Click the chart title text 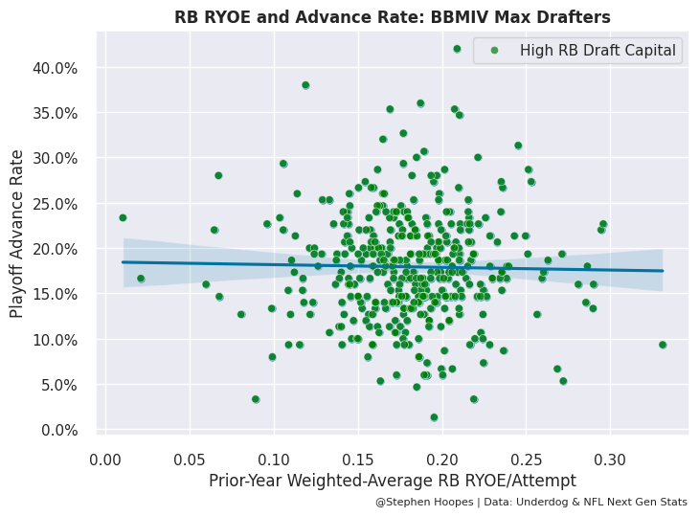tap(392, 17)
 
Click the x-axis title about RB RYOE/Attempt tap(393, 481)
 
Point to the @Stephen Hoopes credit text tap(530, 502)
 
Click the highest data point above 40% tap(457, 49)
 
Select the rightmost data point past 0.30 tap(663, 345)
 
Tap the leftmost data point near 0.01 tap(123, 217)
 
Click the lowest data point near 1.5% tap(434, 417)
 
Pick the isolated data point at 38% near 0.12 tap(305, 85)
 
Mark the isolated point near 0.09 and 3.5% tap(256, 399)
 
